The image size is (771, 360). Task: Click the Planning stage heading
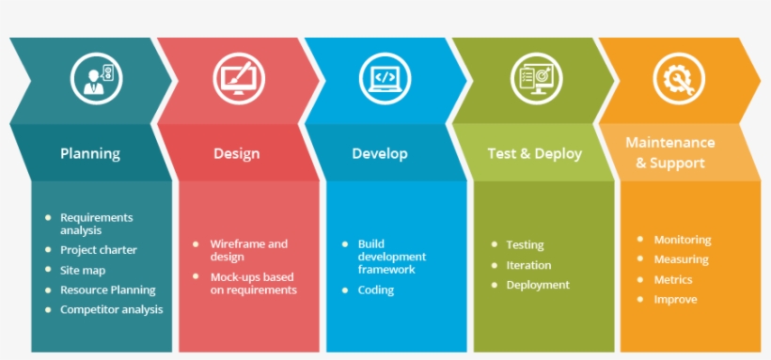click(90, 153)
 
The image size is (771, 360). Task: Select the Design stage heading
click(237, 153)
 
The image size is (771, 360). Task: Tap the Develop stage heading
click(380, 153)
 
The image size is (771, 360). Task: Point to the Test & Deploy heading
click(534, 153)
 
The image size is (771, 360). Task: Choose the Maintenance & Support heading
click(670, 152)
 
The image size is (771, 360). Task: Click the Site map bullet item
click(83, 271)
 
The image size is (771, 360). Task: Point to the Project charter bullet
click(99, 250)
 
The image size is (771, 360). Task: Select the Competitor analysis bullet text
click(111, 309)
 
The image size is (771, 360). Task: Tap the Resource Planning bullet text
click(108, 290)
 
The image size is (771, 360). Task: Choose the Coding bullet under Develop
click(376, 290)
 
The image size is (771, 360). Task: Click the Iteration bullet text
click(528, 265)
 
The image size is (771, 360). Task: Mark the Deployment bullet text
click(538, 285)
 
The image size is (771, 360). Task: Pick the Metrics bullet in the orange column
click(673, 280)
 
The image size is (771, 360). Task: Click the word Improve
click(676, 300)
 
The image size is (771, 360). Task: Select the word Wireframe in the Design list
click(233, 243)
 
